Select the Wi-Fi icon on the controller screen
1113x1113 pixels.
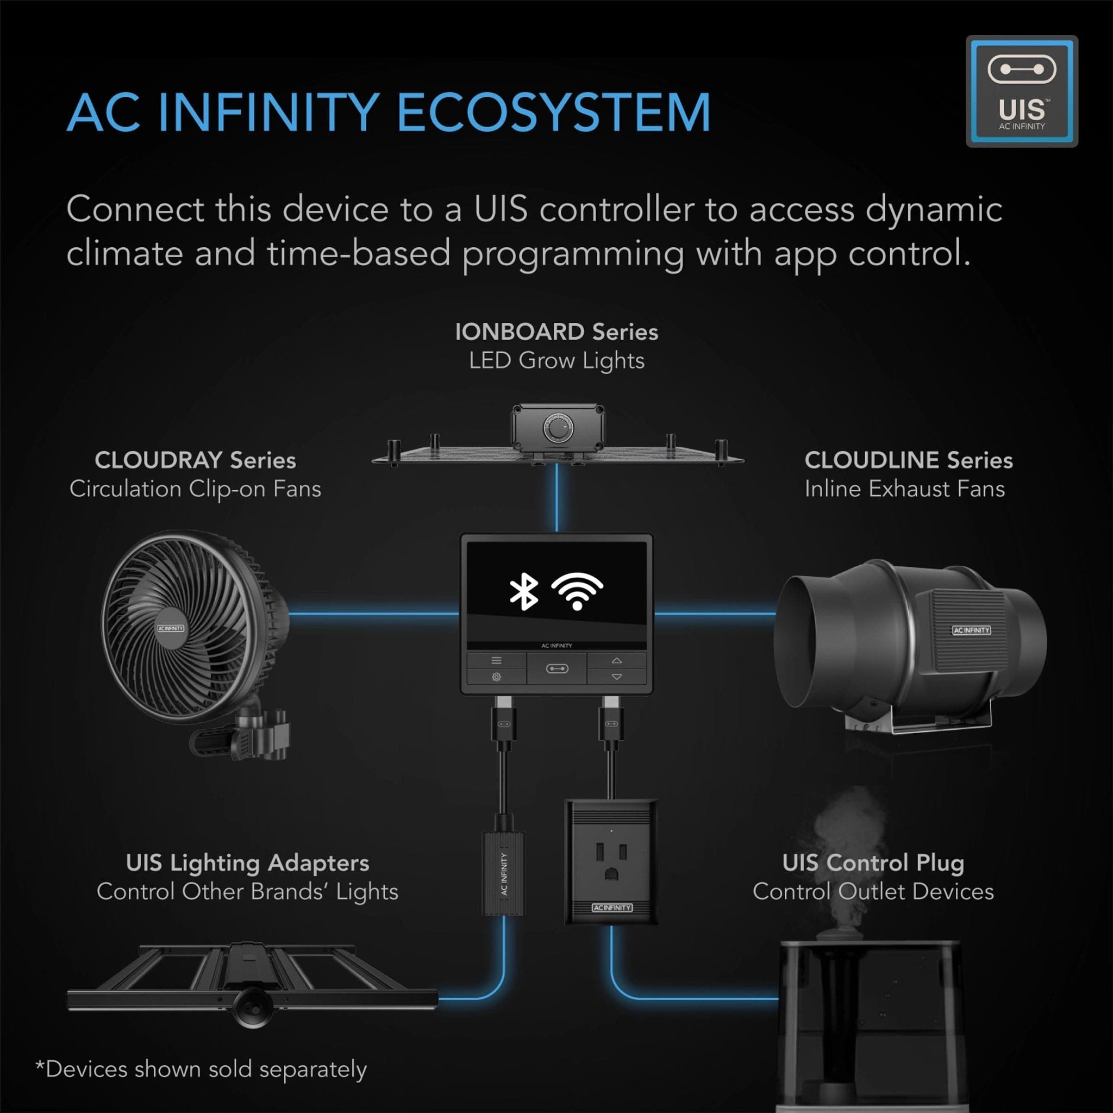[577, 591]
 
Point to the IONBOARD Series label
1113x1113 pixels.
[556, 332]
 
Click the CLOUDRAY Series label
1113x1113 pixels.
[195, 460]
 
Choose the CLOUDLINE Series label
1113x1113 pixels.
[909, 460]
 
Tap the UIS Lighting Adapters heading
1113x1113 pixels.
[247, 862]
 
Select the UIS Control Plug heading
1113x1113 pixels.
[873, 862]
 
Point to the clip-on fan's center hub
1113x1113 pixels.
[171, 628]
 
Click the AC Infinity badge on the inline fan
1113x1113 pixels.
[971, 630]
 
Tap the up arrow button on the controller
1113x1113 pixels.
[616, 660]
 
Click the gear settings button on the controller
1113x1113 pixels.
[496, 677]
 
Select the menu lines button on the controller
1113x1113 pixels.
[496, 660]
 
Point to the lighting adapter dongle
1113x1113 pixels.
[503, 873]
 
